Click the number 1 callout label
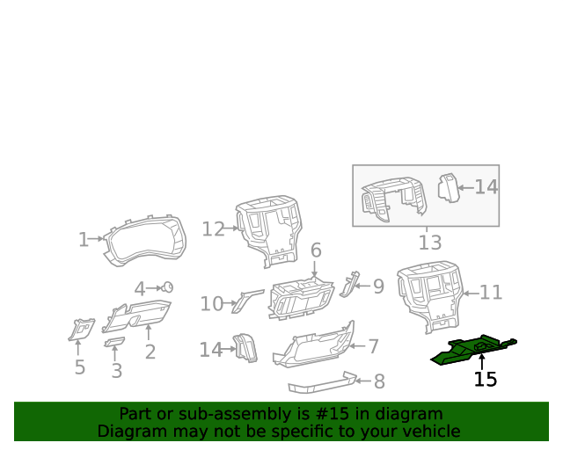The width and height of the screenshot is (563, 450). [84, 239]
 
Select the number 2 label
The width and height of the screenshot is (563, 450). [150, 352]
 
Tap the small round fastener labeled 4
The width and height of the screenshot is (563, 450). [167, 287]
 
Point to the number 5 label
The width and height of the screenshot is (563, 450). [79, 367]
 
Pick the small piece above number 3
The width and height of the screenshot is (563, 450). [114, 341]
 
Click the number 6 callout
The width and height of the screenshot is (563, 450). [316, 250]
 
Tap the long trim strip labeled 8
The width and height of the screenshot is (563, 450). [321, 383]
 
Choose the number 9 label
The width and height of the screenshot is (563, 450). [378, 287]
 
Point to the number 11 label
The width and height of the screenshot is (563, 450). [491, 294]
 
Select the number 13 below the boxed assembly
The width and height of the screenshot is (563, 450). [429, 242]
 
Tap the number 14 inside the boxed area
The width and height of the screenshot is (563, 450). [486, 187]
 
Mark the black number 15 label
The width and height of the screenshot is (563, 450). [485, 380]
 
